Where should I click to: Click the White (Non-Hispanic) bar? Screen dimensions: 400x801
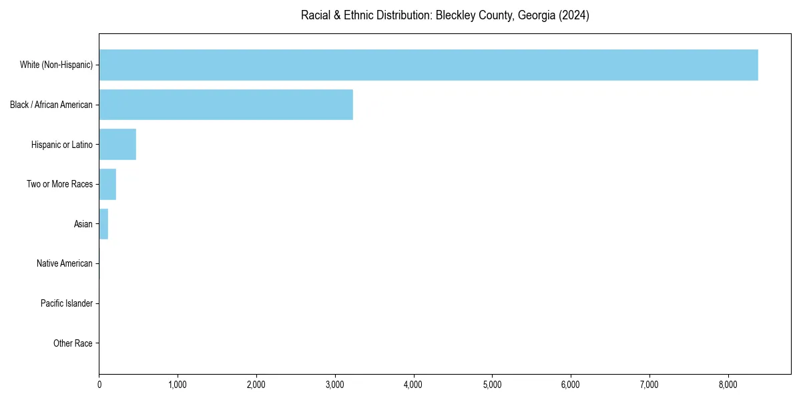tap(428, 65)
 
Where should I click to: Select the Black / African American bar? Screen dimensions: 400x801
tap(226, 105)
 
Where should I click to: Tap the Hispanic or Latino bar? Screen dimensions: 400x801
tap(117, 145)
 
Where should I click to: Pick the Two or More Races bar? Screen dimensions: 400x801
tap(107, 184)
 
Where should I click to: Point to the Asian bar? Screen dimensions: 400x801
tap(103, 224)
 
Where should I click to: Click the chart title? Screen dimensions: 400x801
tap(445, 15)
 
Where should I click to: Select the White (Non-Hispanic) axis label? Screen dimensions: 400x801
tap(56, 65)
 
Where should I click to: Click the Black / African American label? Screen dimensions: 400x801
tap(51, 105)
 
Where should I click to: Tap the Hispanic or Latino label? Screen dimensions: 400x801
tap(62, 145)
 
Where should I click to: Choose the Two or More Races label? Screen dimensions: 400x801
tap(59, 184)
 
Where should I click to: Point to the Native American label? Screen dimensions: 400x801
tap(65, 263)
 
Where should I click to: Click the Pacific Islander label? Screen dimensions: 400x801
tap(67, 303)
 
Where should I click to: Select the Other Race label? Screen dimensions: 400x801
tap(73, 343)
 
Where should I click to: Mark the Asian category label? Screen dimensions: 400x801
tap(83, 224)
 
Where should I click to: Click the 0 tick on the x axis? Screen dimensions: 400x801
tap(99, 385)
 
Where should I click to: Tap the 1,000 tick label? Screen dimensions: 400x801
tap(178, 385)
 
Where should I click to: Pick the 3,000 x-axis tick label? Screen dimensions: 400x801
tap(335, 385)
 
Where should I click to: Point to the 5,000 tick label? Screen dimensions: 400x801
tap(492, 385)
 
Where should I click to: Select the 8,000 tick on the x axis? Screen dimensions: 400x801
tap(728, 385)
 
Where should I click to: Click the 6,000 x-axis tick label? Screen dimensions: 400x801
tap(571, 385)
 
